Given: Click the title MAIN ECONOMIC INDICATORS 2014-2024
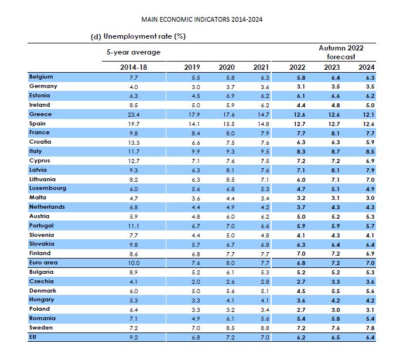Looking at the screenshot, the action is (201, 19).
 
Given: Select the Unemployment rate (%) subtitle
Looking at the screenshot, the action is (144, 36).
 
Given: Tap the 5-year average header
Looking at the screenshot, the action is (134, 52).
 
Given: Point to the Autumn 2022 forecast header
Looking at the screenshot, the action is (341, 52).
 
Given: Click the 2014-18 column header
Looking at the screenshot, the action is (134, 67).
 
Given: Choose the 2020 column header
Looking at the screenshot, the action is (227, 67).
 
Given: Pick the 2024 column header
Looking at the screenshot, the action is (367, 67).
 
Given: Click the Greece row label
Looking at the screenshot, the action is (40, 114).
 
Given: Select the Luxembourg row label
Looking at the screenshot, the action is (47, 188).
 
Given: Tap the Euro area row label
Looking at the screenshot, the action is (43, 263).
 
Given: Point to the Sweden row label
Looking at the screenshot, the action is (41, 328).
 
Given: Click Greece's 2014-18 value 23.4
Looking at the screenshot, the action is (134, 115).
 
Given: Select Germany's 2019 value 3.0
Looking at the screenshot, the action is (196, 87).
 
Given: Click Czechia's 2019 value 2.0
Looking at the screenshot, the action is (196, 282).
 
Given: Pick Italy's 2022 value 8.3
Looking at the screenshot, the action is (301, 152).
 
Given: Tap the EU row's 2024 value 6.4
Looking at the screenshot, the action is (370, 337).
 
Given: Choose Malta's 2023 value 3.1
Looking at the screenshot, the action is (336, 198).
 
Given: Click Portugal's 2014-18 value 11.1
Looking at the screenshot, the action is (134, 226).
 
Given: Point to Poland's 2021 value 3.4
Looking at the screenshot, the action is (265, 310).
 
